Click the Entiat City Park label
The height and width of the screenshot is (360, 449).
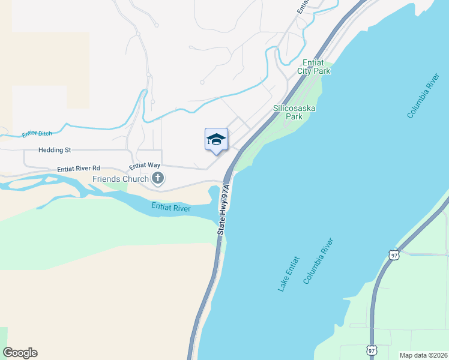pos(313,67)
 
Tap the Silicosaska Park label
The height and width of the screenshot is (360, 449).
pos(294,113)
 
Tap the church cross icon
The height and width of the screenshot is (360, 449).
pos(158,178)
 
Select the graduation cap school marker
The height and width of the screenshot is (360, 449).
pos(216,140)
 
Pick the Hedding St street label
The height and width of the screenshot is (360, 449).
pos(55,149)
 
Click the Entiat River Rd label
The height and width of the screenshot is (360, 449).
pos(79,169)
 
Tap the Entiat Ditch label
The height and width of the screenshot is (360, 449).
pos(38,133)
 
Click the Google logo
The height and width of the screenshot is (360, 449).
pos(20,353)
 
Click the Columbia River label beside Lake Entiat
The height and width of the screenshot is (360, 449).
pos(318,261)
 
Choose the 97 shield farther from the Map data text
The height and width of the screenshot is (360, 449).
pos(393,254)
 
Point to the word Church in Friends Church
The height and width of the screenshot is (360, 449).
pos(136,179)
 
